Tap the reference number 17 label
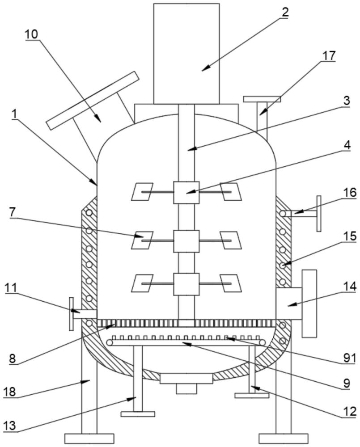click(x=329, y=55)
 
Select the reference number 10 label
click(x=31, y=34)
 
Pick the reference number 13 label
click(x=10, y=426)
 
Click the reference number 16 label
click(x=350, y=193)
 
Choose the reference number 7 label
click(x=13, y=212)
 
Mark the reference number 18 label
click(x=10, y=392)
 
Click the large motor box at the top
click(x=186, y=54)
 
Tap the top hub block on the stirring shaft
click(x=186, y=192)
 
